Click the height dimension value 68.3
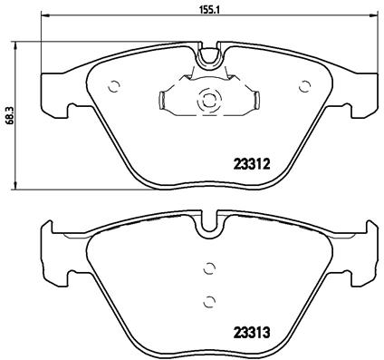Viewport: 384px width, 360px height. point(9,115)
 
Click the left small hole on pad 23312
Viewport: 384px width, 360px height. point(114,88)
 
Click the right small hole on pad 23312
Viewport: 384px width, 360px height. point(301,87)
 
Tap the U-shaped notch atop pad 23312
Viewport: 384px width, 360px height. point(208,56)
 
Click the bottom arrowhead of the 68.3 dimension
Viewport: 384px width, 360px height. point(20,186)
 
